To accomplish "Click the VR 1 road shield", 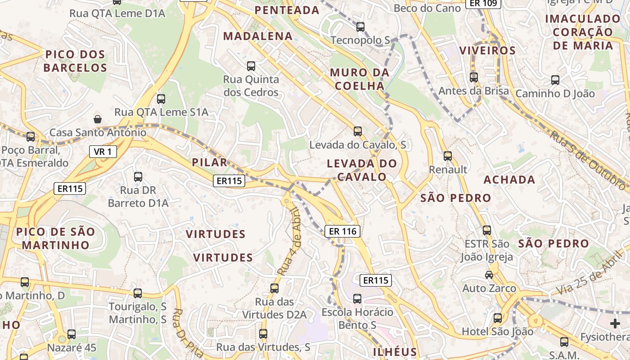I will coord(103,152).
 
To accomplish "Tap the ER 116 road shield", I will coord(342,231).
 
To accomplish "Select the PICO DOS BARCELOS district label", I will coord(75,61).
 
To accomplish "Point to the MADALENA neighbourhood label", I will coord(258,36).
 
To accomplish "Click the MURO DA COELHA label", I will coord(360,79).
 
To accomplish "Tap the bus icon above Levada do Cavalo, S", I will coord(358,131).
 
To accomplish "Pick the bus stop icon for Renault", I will coord(447,156).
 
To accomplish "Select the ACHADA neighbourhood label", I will coord(509,180).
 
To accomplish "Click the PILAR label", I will coord(210,162).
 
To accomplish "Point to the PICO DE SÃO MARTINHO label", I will coord(56,238).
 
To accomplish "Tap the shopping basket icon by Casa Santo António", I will coord(98,119).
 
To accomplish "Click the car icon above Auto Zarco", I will coord(489,274).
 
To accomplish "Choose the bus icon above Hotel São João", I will coord(498,318).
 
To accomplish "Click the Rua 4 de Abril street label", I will coord(289,241).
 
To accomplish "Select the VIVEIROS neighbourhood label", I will coord(487,50).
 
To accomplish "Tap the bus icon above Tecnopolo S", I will coord(360,27).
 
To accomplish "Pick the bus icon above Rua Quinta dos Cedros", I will coord(251,66).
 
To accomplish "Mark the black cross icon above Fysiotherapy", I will coord(615,324).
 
